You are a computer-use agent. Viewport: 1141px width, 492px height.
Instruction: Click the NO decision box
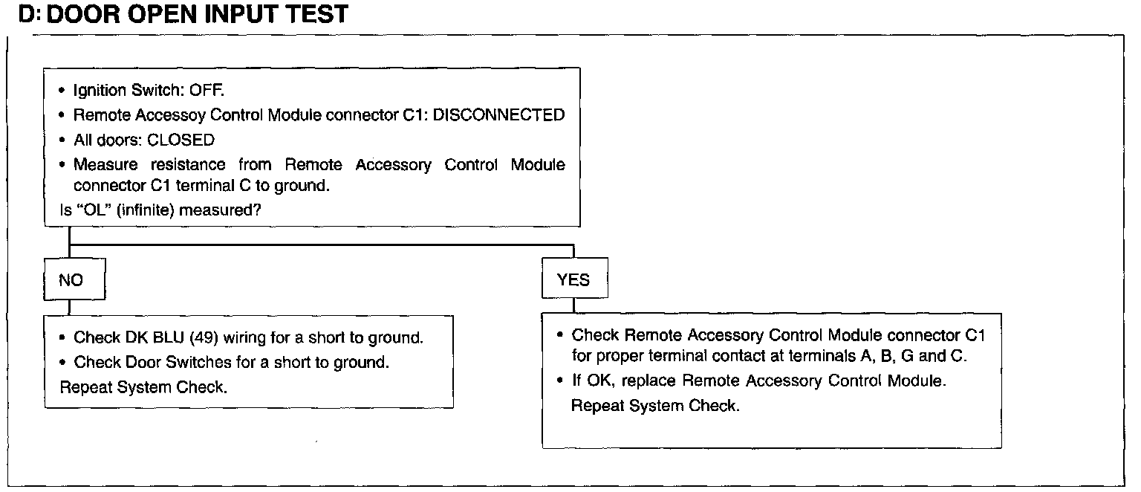pyautogui.click(x=71, y=280)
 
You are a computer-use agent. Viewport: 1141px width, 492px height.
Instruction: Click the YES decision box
pyautogui.click(x=573, y=280)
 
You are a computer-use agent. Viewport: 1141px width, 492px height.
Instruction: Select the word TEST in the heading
pyautogui.click(x=313, y=14)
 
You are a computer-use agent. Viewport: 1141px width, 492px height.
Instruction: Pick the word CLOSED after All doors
pyautogui.click(x=181, y=140)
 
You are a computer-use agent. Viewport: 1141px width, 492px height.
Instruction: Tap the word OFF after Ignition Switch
pyautogui.click(x=207, y=91)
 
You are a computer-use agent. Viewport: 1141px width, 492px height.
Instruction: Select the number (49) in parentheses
pyautogui.click(x=205, y=338)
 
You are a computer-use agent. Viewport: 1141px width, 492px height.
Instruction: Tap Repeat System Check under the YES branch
pyautogui.click(x=655, y=407)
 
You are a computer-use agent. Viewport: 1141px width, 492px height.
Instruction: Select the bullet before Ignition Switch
pyautogui.click(x=63, y=91)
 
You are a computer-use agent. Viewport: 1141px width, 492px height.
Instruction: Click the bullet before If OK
pyautogui.click(x=561, y=382)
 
